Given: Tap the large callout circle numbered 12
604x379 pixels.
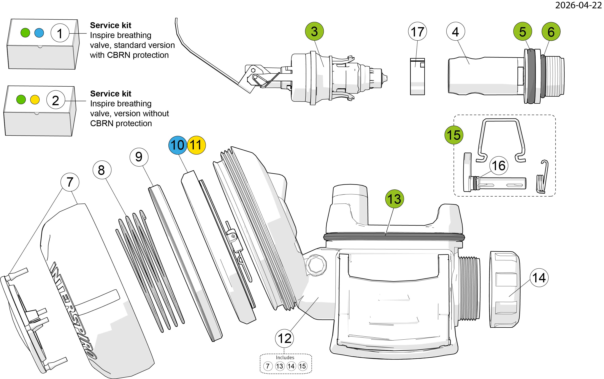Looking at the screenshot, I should click(285, 338).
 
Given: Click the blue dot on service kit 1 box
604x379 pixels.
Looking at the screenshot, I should click(39, 32).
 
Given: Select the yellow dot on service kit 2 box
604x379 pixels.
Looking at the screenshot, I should click(35, 99).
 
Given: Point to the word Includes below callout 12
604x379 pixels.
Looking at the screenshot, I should click(285, 357).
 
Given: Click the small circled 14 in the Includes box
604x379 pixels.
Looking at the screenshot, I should click(291, 366).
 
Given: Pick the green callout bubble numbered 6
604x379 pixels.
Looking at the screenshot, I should click(551, 32).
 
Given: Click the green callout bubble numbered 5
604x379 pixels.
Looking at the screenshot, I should click(523, 32).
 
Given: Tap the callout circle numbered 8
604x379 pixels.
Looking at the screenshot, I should click(101, 170).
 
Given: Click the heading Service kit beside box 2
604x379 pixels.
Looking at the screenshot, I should click(111, 94).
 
